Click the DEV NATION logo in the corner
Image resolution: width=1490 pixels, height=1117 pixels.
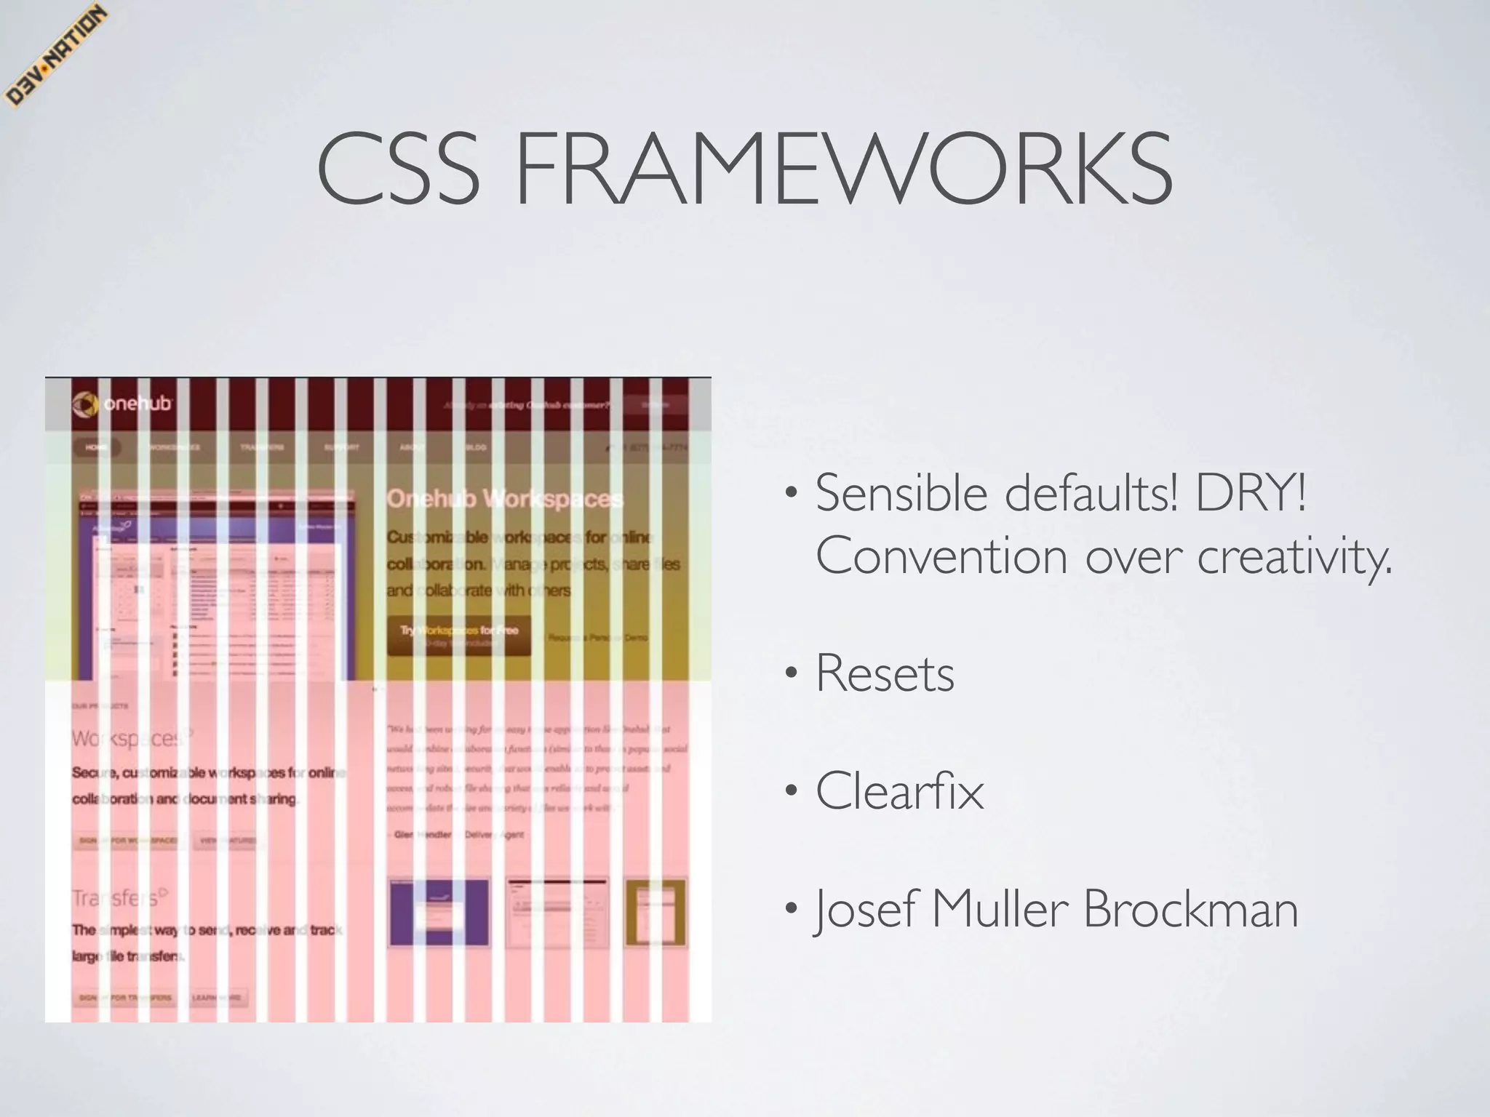(55, 57)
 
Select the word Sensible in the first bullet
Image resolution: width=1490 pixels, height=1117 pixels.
(901, 494)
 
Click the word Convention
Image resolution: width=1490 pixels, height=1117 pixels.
(941, 556)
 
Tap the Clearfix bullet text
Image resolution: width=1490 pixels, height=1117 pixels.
(899, 790)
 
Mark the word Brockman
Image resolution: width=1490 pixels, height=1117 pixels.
(1191, 909)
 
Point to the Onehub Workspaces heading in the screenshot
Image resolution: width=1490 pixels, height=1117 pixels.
(504, 499)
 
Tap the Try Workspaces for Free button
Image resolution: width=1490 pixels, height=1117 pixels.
(458, 635)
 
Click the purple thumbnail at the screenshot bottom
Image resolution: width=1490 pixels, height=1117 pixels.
(439, 913)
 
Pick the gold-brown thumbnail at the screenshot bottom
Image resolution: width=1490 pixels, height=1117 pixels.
(656, 913)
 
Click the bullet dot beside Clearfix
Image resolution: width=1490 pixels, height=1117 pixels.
(791, 792)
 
